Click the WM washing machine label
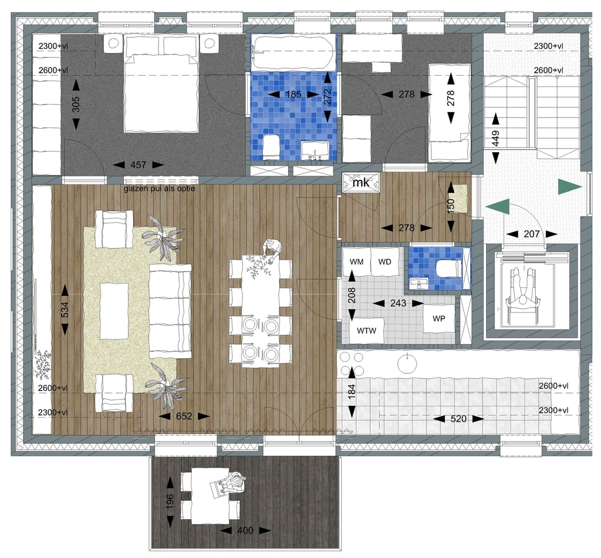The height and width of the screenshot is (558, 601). point(356,262)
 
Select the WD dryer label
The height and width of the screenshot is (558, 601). point(384,262)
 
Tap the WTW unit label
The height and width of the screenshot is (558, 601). point(366,331)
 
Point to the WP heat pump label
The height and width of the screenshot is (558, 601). point(438,318)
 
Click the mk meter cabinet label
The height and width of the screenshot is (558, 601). point(361,183)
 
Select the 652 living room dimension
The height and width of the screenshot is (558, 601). point(184,416)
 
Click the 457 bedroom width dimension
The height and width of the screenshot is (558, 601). point(139,165)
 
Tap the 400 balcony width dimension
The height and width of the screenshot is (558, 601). point(245,530)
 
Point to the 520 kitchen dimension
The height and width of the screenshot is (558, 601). point(458,419)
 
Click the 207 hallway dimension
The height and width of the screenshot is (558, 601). point(532,234)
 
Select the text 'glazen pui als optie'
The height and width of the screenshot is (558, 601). point(160,189)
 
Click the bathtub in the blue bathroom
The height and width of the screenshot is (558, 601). point(293,52)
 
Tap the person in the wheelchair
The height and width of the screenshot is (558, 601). point(522,292)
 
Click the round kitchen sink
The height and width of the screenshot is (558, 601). point(407,364)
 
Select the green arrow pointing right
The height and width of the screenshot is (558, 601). point(570,187)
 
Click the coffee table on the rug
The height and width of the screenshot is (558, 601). point(114,311)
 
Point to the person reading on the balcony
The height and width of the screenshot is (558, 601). point(229,484)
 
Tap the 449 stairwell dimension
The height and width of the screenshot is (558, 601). point(495,139)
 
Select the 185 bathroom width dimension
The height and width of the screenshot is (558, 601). point(293,95)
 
